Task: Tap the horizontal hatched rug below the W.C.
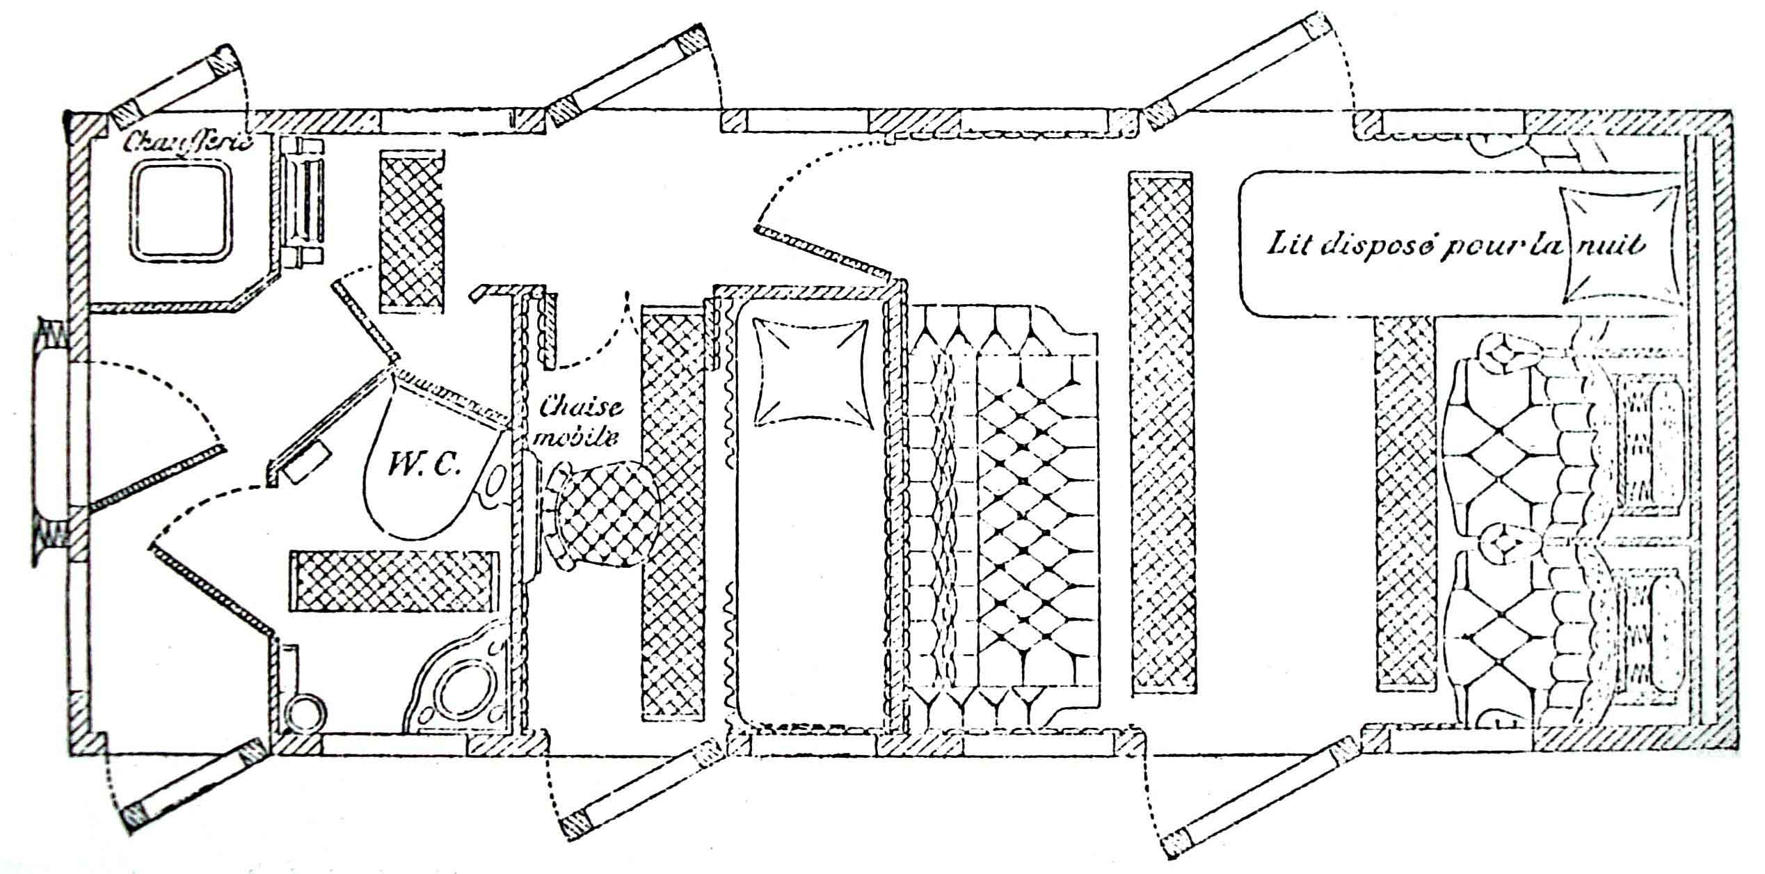pos(394,581)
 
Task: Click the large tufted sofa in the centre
pos(1009,515)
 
